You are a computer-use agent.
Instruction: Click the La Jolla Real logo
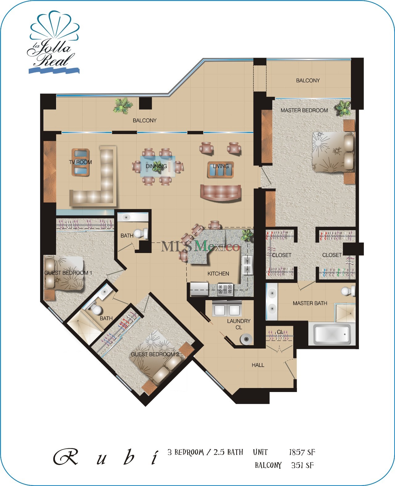point(53,45)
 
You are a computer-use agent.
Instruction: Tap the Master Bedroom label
point(304,110)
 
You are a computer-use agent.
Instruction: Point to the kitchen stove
point(225,289)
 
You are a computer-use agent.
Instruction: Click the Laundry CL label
point(239,324)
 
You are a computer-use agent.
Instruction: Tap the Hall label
point(258,365)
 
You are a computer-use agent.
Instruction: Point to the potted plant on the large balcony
point(123,105)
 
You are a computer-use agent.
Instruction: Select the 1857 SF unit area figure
point(302,452)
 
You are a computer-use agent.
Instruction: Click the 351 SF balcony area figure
point(302,465)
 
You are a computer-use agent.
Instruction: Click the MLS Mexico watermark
point(200,246)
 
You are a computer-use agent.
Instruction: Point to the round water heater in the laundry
point(246,339)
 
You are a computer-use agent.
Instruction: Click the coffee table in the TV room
point(81,162)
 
